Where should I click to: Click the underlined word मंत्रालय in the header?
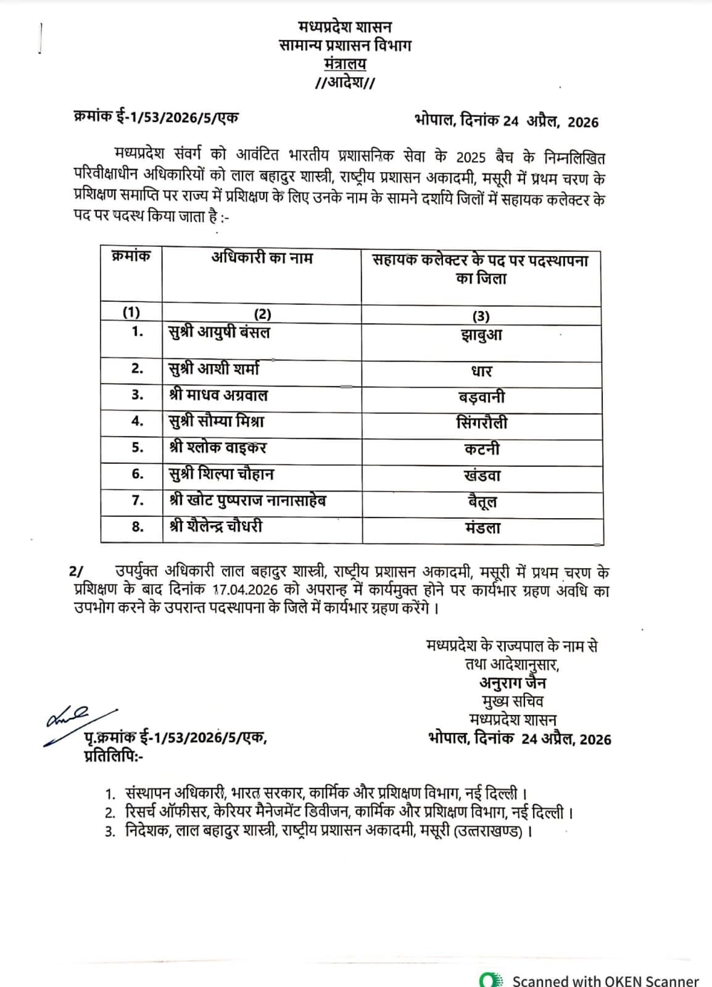[344, 64]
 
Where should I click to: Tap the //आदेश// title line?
[344, 83]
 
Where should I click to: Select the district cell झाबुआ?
[481, 336]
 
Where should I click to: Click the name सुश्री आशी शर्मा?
[213, 369]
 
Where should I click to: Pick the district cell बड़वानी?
[481, 397]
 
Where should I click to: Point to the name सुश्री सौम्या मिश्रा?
[217, 422]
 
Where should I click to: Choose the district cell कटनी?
[481, 449]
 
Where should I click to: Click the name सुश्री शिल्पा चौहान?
[221, 474]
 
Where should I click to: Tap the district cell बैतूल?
[481, 502]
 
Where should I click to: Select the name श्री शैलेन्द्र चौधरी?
[216, 526]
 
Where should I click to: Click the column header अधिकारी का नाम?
[262, 258]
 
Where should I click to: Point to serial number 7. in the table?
[137, 500]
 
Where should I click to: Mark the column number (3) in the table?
[481, 316]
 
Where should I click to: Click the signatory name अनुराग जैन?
[512, 683]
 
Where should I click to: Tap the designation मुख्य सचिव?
[512, 701]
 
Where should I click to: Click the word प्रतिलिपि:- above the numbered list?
[113, 756]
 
